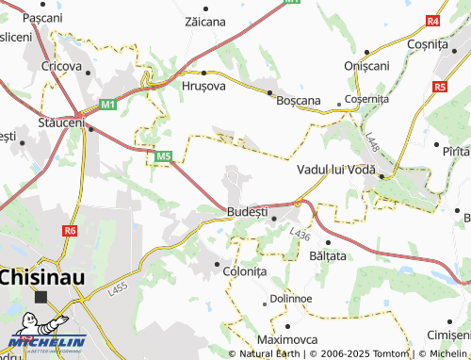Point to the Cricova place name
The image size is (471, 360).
(59, 68)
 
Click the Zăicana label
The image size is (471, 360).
(205, 21)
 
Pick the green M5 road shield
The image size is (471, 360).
(164, 155)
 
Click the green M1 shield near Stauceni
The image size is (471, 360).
(108, 103)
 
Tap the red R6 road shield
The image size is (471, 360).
(71, 230)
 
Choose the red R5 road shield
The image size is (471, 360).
(440, 87)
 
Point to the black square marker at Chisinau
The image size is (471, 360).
(41, 296)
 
